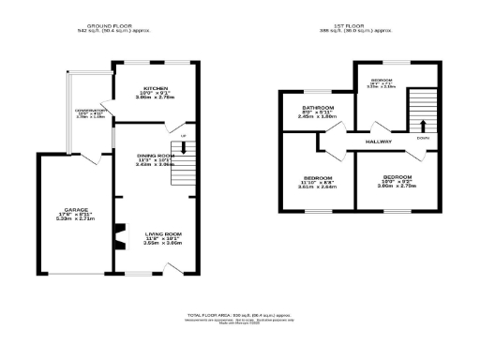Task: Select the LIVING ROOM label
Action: click(162, 232)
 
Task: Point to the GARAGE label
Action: click(76, 209)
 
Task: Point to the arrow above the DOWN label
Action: click(423, 125)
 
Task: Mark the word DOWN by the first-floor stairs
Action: click(423, 140)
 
